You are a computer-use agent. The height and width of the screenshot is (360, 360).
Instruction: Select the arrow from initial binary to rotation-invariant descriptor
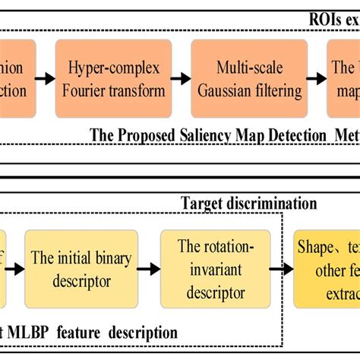click(147, 270)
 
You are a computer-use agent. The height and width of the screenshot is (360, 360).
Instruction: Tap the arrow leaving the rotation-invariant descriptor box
click(280, 270)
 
